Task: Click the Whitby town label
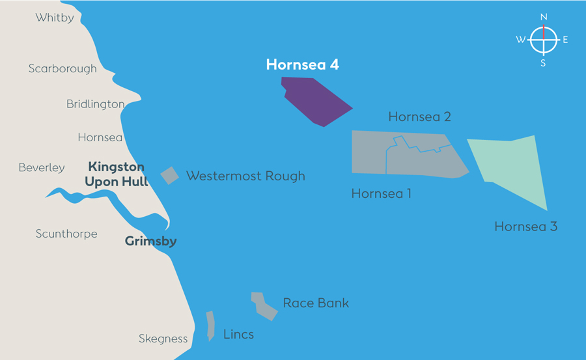[x=55, y=18]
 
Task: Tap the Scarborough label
[x=63, y=68]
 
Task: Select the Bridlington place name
[x=96, y=104]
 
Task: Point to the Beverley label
[x=42, y=168]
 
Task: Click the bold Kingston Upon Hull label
[x=117, y=174]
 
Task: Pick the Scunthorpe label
[x=66, y=234]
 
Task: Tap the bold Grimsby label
[x=150, y=242]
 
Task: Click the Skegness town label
[x=163, y=339]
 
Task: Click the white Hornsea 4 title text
[x=302, y=65]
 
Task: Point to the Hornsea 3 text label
[x=525, y=227]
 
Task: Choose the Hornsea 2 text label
[x=419, y=117]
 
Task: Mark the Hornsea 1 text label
[x=381, y=193]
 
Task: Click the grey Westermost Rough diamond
[x=170, y=176]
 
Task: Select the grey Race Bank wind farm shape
[x=264, y=306]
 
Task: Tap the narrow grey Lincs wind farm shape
[x=210, y=325]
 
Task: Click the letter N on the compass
[x=544, y=17]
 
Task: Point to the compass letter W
[x=521, y=40]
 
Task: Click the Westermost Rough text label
[x=245, y=176]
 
